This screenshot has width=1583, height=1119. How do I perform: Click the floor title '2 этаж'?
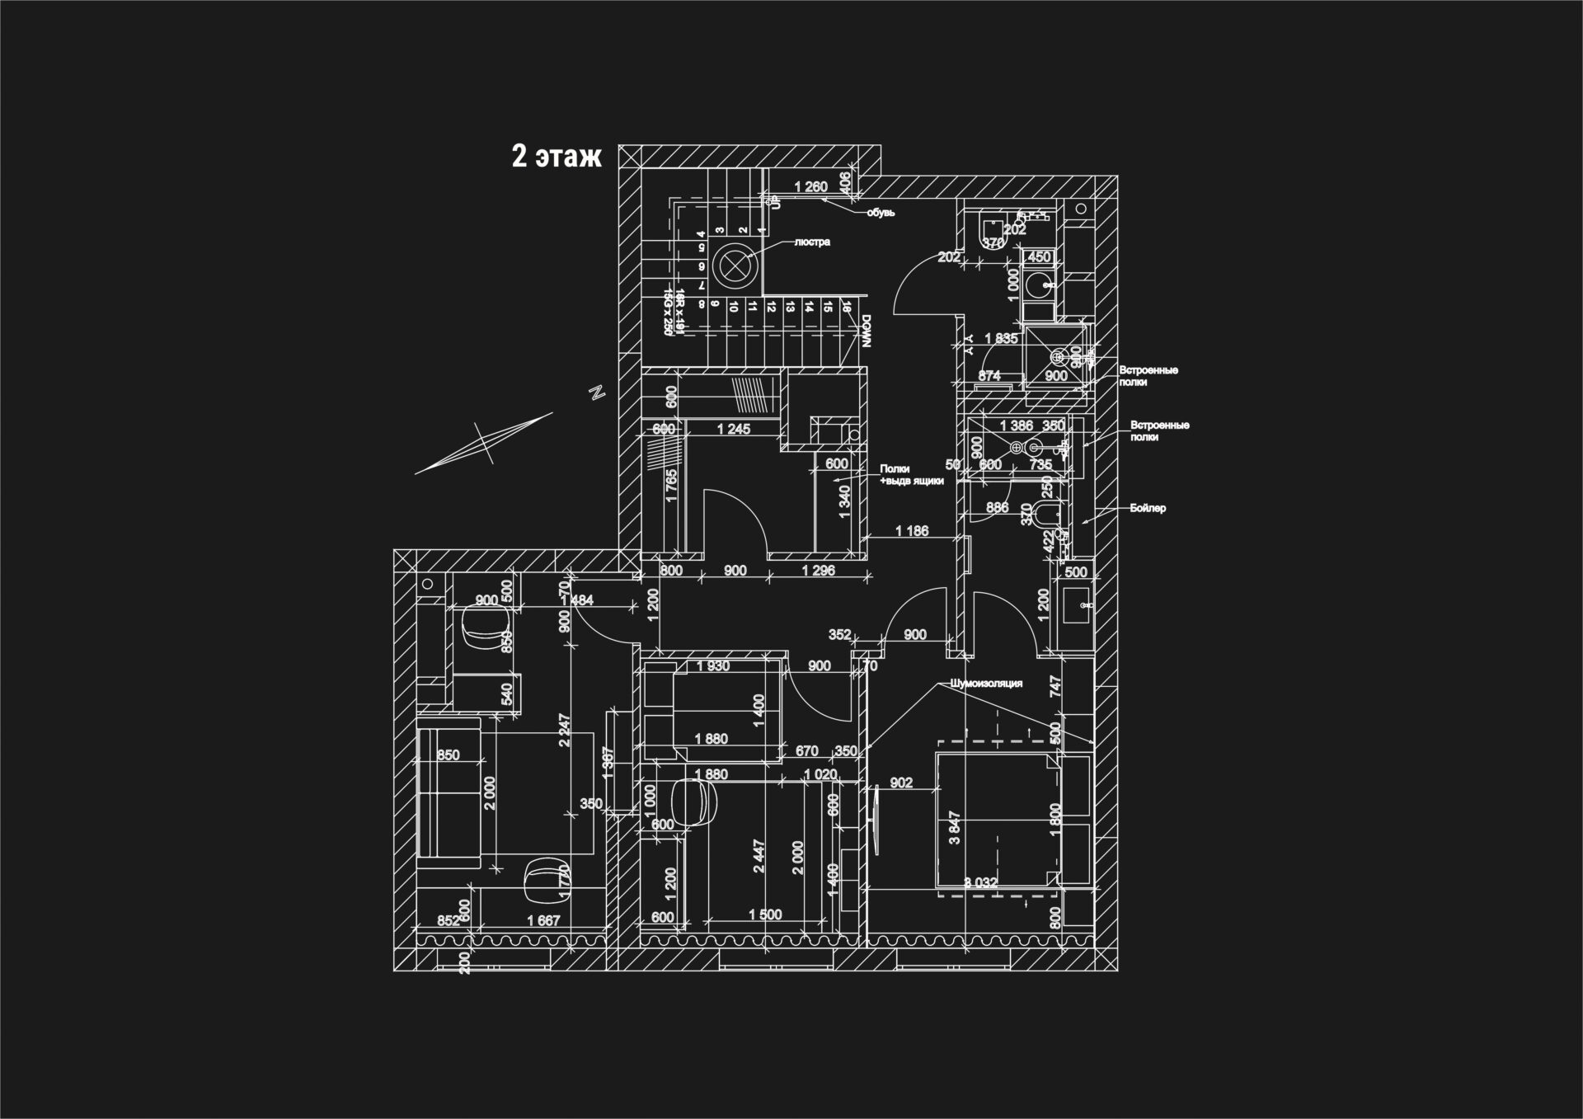point(557,156)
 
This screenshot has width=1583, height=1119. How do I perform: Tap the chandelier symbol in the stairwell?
point(733,266)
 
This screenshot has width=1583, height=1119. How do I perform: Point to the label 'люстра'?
point(812,242)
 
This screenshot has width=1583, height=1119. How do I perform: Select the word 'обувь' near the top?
point(881,213)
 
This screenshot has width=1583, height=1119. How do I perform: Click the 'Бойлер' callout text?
point(1148,508)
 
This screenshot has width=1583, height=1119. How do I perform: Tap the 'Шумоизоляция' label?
point(986,684)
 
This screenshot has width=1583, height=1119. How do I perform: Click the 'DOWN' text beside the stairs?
point(866,331)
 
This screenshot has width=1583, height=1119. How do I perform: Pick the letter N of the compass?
point(599,393)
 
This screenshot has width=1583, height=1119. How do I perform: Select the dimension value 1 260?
point(810,187)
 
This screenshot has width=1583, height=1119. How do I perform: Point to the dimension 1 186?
point(912,531)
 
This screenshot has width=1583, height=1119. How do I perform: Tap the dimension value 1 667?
point(543,921)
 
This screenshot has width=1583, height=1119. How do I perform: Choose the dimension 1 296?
point(819,571)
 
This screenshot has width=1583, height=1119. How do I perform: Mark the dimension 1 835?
point(1001,338)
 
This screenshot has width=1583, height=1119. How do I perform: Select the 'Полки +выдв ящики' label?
point(911,475)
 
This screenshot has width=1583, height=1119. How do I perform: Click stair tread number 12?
point(771,308)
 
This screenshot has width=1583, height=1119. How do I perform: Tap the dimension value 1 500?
point(765,915)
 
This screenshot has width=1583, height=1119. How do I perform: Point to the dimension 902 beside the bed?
point(902,783)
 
